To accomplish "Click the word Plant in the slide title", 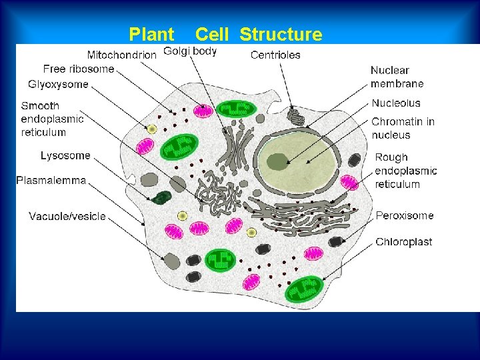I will coord(151,34).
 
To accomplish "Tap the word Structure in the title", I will coord(280,34).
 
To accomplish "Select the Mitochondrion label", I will coord(122,55).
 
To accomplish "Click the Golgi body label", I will coord(190,51).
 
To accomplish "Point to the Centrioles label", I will coord(275,55).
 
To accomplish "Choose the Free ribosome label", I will coord(79,69).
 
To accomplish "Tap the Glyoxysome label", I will coord(58,84).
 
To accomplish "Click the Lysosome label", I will coord(65,155).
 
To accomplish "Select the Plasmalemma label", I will coord(51,180).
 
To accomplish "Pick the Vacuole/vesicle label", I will coord(67,216).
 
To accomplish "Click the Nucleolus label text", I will coord(396,103).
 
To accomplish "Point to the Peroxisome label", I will coord(404,215).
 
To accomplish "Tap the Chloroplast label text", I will coord(403,242).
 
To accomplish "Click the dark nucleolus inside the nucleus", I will coord(277,161).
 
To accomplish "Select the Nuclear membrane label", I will coord(397,77).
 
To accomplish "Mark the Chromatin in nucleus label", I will coord(403,128).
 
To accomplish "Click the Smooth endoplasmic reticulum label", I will coord(52,119).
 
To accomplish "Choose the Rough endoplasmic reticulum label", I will coord(405,171).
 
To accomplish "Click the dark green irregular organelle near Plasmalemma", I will coord(161,197).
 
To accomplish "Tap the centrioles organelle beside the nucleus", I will coord(296,118).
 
